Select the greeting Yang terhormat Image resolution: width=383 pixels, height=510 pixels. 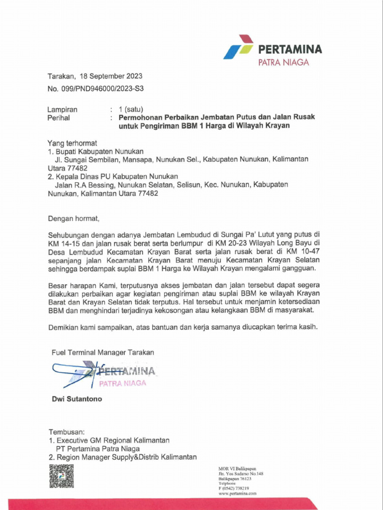point(71,143)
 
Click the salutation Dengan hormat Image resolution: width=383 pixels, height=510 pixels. point(74,218)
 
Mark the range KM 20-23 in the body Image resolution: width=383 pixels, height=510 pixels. point(238,242)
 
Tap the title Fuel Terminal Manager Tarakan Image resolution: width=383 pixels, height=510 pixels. point(103,352)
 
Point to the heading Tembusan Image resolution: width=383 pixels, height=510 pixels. point(67,431)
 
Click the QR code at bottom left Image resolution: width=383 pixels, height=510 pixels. point(61,478)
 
